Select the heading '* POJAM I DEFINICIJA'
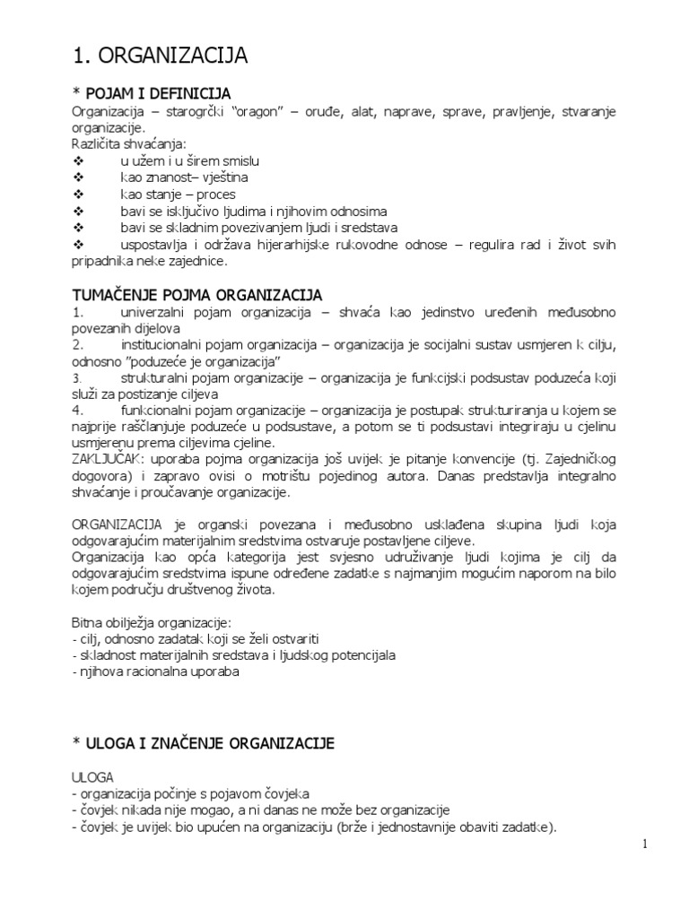point(152,93)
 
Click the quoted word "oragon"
point(279,111)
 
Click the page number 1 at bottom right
point(644,844)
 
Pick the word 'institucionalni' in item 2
point(161,345)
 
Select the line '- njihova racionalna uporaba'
point(154,671)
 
